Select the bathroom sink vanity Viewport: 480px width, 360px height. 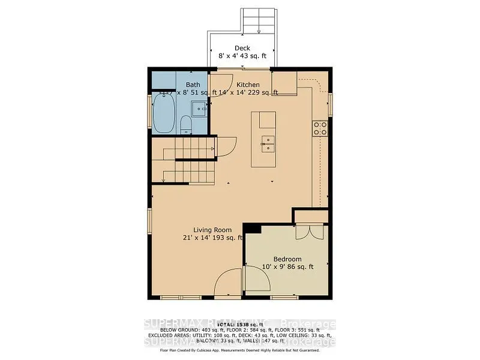pyautogui.click(x=199, y=109)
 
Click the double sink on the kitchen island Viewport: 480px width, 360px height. pyautogui.click(x=267, y=142)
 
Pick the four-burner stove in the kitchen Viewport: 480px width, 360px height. pyautogui.click(x=319, y=127)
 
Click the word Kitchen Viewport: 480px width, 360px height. pyautogui.click(x=248, y=85)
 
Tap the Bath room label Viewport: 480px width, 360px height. pyautogui.click(x=193, y=85)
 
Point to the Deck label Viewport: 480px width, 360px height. pyautogui.click(x=242, y=49)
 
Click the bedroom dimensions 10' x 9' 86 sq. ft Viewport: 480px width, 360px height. pyautogui.click(x=288, y=267)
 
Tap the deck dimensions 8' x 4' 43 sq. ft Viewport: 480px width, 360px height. pyautogui.click(x=242, y=56)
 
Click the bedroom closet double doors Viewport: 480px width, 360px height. pyautogui.click(x=308, y=232)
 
